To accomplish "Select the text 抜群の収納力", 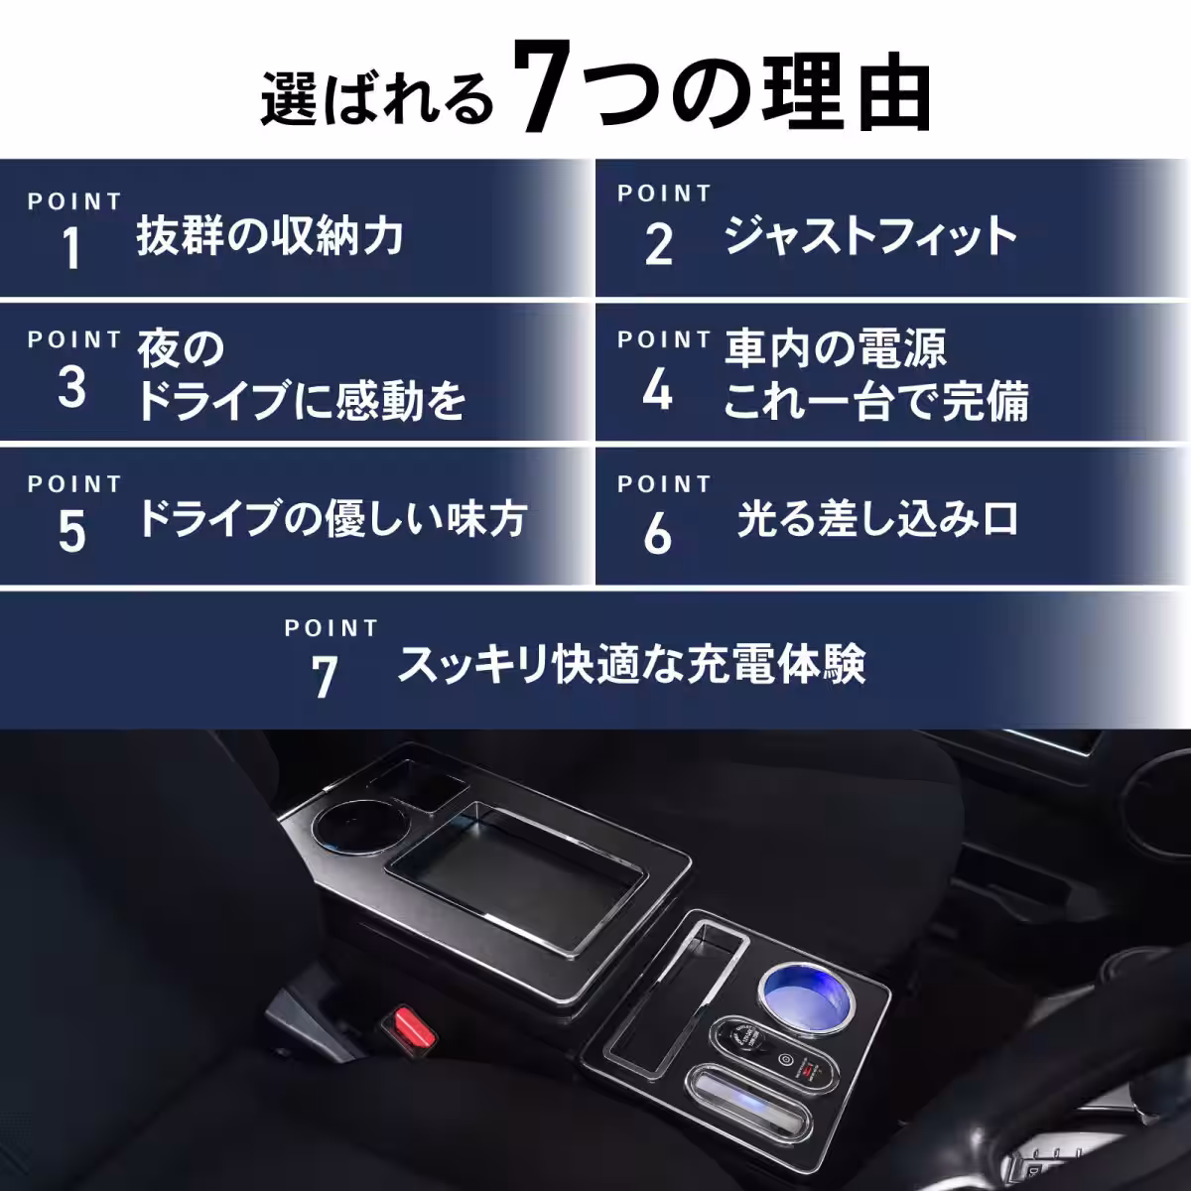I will (270, 237).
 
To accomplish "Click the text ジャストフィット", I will (870, 237).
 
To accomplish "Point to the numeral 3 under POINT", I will (71, 388).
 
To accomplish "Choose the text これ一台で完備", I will (875, 402).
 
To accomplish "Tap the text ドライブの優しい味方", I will (331, 519).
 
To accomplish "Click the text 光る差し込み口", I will (877, 519).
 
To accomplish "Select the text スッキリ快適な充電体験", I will (631, 664).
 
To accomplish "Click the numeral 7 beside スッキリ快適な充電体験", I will (325, 677).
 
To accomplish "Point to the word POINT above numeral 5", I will (74, 484).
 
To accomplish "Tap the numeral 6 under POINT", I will (657, 533).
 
